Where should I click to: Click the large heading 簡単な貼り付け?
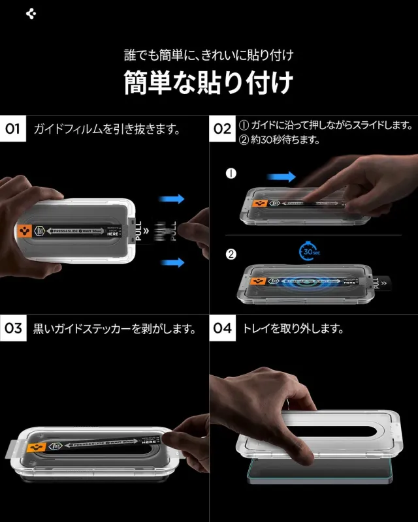coord(208,83)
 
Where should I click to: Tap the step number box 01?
coord(13,129)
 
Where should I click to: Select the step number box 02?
coord(223,129)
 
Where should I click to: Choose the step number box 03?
coord(13,328)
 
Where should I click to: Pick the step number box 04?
coord(223,328)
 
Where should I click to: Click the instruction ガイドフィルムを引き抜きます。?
coord(107,129)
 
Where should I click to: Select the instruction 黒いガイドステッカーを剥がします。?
coord(115,328)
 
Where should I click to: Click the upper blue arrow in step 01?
coord(172,199)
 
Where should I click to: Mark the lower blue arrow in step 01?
coord(172,262)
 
